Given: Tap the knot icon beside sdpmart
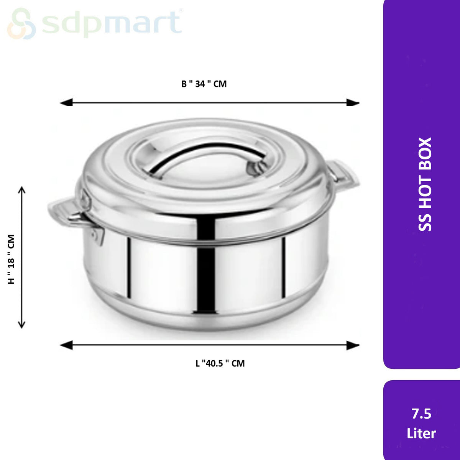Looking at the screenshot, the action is pos(21,23).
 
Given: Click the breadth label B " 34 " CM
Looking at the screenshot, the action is pos(204,84).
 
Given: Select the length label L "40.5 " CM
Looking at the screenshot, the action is pos(220,363).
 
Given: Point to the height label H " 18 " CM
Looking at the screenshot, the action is pos(11,259).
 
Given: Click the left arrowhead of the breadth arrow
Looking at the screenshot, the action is pos(66,103).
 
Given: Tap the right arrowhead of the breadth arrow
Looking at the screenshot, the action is pos(353,103).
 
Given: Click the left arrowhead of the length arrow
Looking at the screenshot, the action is pos(66,345).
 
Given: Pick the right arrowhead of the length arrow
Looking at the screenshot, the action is pos(353,345).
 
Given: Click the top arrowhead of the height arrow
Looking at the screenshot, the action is pos(22,190).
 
